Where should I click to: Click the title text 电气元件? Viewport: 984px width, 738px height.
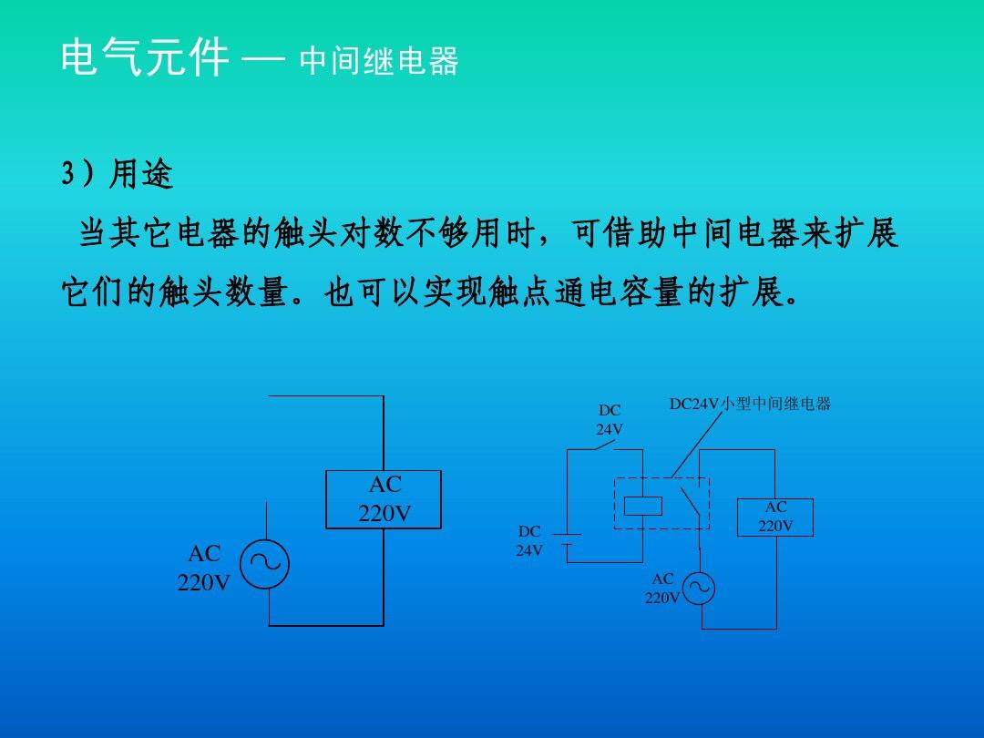[x=144, y=57]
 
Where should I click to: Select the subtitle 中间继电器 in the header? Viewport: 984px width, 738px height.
[x=379, y=61]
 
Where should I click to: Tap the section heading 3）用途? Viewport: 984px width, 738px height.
[x=118, y=174]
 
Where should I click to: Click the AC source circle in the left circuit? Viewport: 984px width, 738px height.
[x=264, y=564]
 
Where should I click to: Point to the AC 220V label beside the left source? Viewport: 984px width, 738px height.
[x=204, y=568]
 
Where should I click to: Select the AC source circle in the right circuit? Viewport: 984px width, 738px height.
[x=699, y=588]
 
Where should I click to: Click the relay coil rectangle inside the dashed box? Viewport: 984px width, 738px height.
[x=643, y=506]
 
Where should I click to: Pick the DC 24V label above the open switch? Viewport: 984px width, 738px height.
[x=610, y=420]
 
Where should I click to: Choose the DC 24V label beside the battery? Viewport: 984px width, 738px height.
[x=529, y=541]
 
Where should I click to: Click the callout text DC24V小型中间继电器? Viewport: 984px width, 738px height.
[x=750, y=404]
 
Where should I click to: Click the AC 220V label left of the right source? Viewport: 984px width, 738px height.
[x=662, y=588]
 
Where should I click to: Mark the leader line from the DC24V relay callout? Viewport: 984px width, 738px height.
[x=697, y=445]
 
